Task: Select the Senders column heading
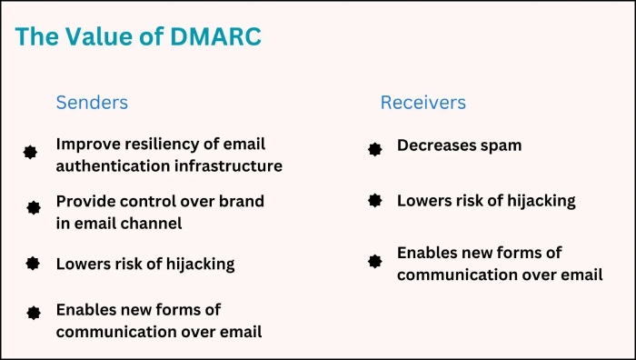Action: [x=92, y=102]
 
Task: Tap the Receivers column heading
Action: [x=422, y=102]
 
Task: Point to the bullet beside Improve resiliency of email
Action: [x=31, y=153]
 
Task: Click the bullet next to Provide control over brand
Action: [x=34, y=208]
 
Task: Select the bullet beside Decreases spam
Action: [x=374, y=149]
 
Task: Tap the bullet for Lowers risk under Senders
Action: [x=33, y=264]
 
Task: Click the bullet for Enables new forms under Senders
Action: [x=34, y=313]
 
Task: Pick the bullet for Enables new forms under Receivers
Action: [x=374, y=261]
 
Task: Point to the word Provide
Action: [x=84, y=200]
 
